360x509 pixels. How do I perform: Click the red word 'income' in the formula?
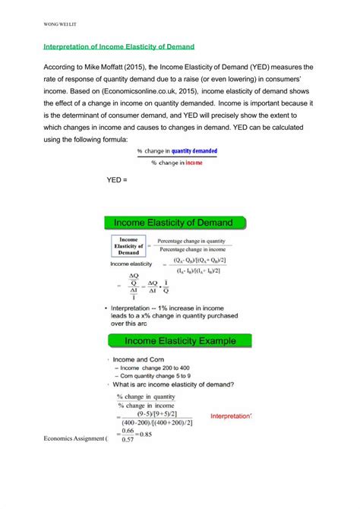(194, 163)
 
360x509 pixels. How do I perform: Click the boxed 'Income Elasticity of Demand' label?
(128, 246)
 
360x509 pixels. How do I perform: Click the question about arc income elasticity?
(174, 386)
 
